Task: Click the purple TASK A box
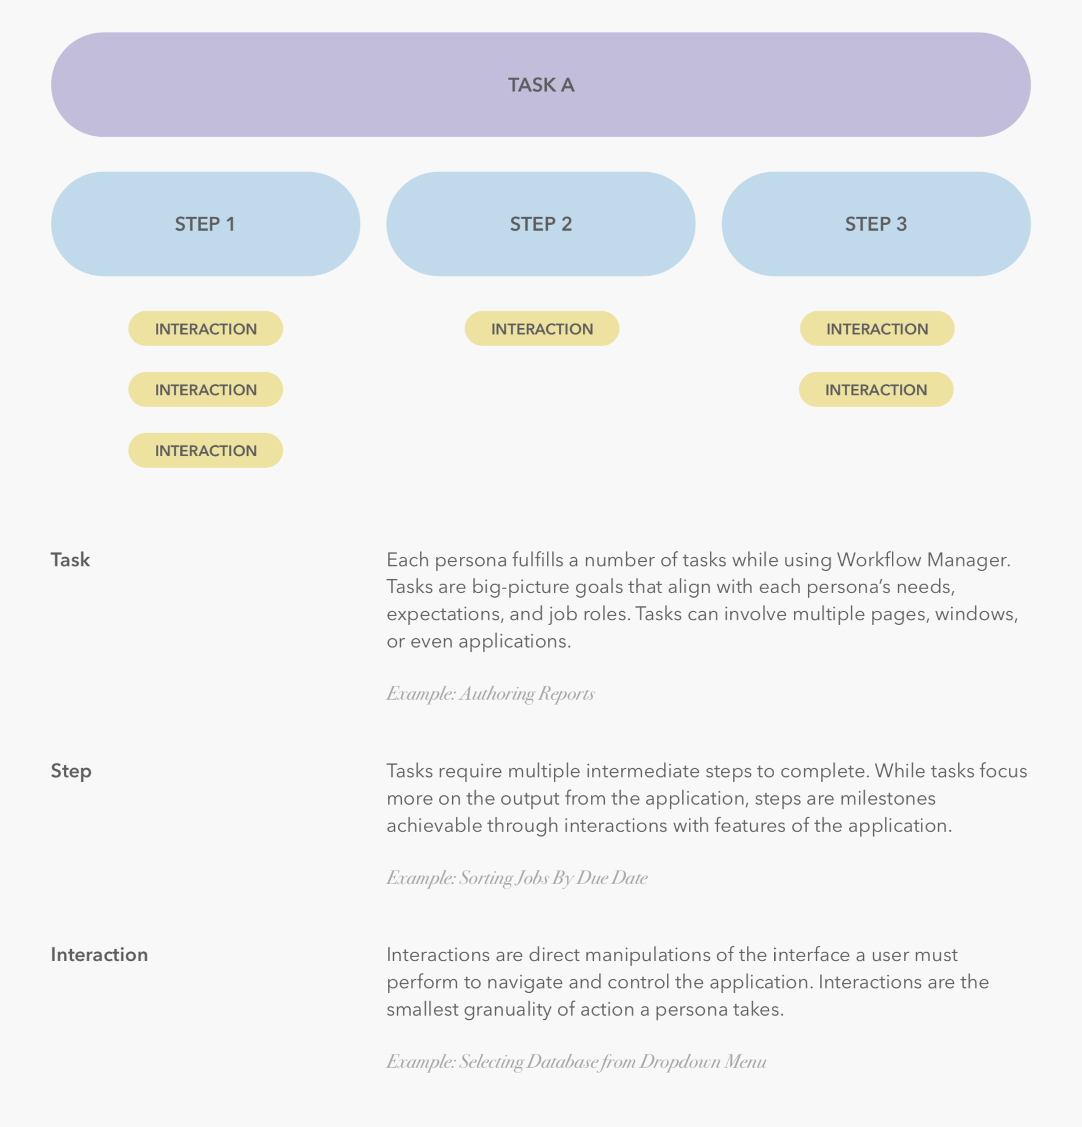point(540,85)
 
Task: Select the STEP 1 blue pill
point(205,224)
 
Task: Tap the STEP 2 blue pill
point(540,224)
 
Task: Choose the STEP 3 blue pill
point(876,224)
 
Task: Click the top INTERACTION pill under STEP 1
point(205,329)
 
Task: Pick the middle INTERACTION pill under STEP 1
point(205,390)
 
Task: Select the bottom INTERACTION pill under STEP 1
point(205,450)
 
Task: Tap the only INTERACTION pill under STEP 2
point(542,329)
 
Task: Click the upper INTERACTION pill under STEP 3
point(877,329)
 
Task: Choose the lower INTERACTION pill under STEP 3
point(876,390)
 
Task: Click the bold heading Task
point(70,560)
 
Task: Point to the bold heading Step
point(71,771)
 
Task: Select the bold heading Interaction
point(99,955)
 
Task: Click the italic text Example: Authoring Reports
point(491,693)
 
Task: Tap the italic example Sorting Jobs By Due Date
point(517,878)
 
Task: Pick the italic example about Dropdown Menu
point(576,1061)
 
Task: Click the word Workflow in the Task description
point(878,560)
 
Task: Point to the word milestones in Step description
point(887,798)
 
